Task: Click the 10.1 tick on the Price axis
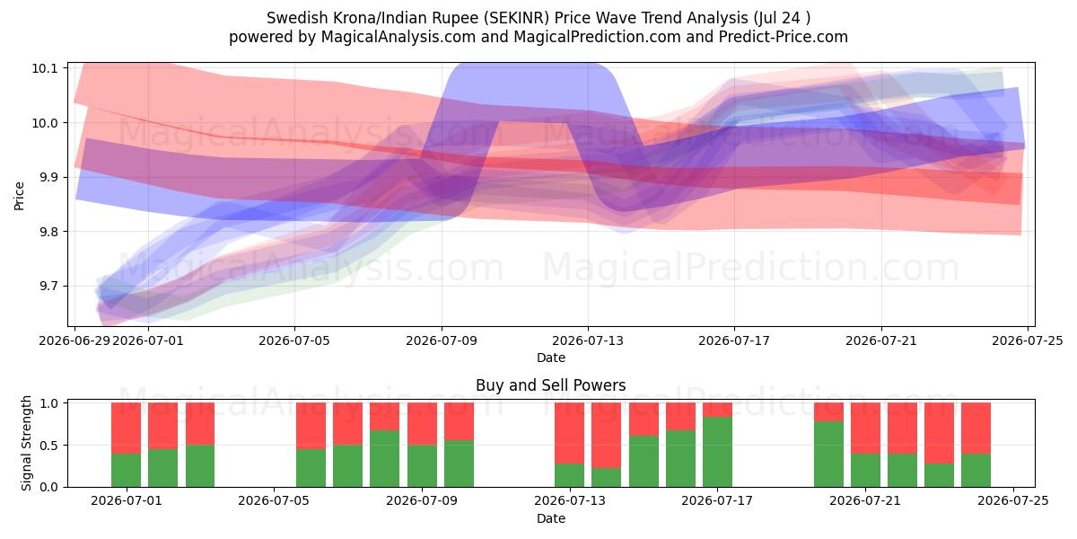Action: click(x=44, y=68)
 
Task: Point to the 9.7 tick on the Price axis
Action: click(x=44, y=287)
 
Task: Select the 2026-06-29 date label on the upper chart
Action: click(x=74, y=340)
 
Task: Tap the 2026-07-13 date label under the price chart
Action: click(x=588, y=340)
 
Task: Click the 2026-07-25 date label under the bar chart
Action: click(x=1013, y=501)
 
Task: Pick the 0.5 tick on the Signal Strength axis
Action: click(x=48, y=446)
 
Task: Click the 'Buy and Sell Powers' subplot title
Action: click(x=551, y=385)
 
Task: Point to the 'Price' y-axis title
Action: click(x=19, y=196)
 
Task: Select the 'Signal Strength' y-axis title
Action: click(x=26, y=443)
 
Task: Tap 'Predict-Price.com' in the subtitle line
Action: click(x=784, y=37)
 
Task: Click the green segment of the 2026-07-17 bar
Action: click(x=717, y=452)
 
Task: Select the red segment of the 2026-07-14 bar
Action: click(x=607, y=436)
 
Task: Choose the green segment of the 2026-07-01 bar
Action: click(x=126, y=470)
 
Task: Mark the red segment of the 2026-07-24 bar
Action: click(x=976, y=429)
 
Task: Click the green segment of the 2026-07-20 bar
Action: click(x=829, y=455)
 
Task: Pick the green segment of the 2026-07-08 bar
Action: click(x=385, y=459)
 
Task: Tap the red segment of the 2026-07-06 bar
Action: click(x=311, y=426)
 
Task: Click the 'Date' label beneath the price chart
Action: click(x=551, y=358)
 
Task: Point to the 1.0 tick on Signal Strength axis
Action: click(x=48, y=403)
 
